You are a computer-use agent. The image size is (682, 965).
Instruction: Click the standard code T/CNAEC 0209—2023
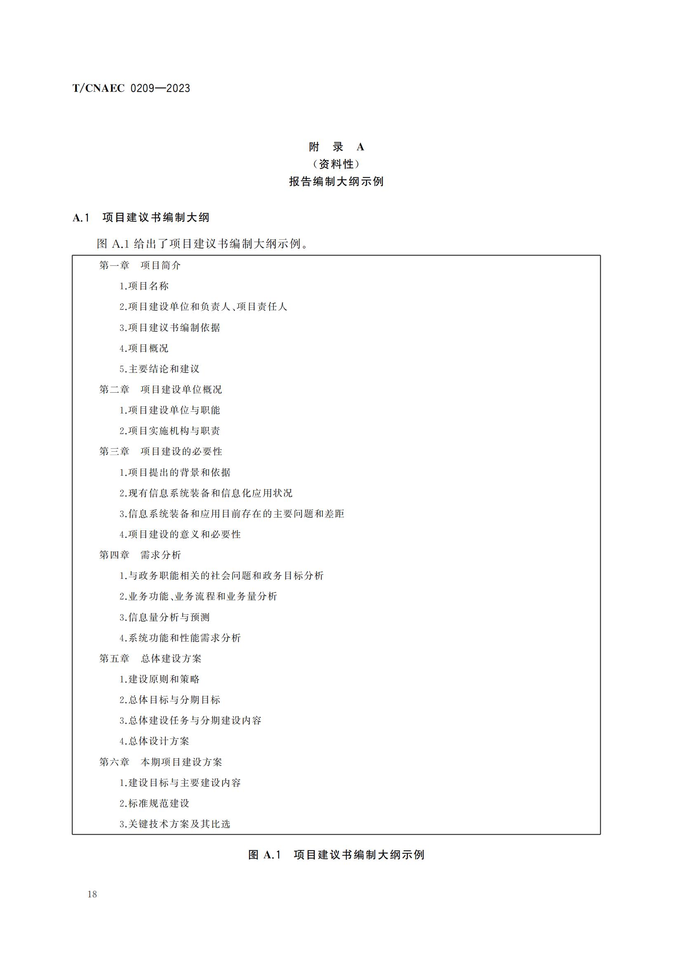point(131,88)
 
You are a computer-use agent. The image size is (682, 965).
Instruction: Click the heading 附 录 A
point(336,147)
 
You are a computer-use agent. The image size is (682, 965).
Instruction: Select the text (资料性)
point(336,164)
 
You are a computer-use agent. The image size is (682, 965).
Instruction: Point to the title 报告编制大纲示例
point(336,182)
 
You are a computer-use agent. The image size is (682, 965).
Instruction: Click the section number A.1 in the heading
point(81,218)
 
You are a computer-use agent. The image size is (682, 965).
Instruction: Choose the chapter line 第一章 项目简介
point(140,265)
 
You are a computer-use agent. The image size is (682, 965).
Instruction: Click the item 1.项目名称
point(144,286)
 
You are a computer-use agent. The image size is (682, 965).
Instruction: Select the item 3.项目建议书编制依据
point(169,328)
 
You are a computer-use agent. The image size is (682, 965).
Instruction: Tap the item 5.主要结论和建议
point(160,369)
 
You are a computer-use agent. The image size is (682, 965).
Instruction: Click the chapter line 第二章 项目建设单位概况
point(160,389)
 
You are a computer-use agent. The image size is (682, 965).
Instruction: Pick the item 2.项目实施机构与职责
point(169,431)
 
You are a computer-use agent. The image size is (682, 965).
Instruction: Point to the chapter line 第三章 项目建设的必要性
point(160,451)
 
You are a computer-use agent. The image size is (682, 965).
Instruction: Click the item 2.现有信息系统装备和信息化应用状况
point(206,493)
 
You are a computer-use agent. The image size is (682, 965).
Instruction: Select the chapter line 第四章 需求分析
point(140,555)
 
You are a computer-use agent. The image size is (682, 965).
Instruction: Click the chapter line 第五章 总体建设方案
point(151,658)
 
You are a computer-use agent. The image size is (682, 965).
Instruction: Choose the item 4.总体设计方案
point(155,741)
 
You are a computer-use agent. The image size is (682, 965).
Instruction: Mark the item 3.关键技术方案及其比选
point(175,824)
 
